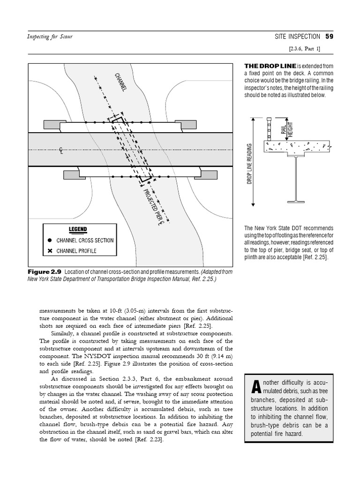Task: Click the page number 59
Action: pyautogui.click(x=330, y=37)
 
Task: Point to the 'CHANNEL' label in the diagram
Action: pyautogui.click(x=120, y=82)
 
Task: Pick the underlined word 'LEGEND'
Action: pyautogui.click(x=78, y=230)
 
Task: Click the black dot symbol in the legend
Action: pyautogui.click(x=50, y=240)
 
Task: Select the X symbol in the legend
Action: pyautogui.click(x=50, y=251)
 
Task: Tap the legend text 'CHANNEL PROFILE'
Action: pyautogui.click(x=76, y=251)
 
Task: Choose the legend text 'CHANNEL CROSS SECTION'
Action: pyautogui.click(x=85, y=240)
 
